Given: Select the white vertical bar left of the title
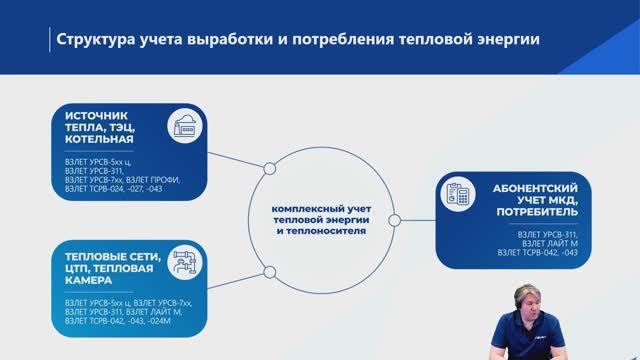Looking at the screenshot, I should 50,41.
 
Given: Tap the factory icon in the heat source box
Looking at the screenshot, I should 185,124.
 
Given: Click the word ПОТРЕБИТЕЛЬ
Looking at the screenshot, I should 533,213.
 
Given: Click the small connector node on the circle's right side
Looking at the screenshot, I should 393,220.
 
